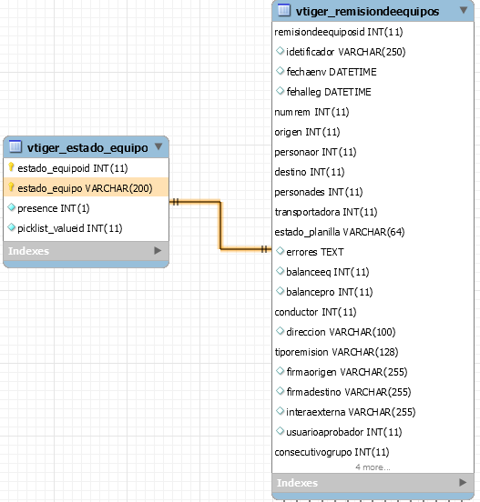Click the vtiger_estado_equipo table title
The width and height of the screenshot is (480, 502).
pos(87,147)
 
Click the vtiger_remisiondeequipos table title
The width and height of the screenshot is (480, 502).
pos(367,12)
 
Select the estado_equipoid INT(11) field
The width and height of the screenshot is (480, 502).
pos(73,168)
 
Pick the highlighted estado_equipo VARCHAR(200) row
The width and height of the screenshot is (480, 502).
pos(86,187)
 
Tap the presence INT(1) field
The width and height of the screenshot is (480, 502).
pos(54,208)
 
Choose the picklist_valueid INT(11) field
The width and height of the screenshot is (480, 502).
pos(70,228)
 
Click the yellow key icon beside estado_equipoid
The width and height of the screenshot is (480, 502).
pos(11,166)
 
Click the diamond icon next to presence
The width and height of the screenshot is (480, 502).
pos(12,207)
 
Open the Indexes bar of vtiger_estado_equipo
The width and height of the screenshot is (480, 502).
pos(86,251)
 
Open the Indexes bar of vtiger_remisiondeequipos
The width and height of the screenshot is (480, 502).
pos(373,483)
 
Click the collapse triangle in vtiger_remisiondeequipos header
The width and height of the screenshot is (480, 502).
pos(464,10)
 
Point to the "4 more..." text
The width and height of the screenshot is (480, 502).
pos(373,467)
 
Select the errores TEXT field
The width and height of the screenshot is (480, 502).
pos(315,252)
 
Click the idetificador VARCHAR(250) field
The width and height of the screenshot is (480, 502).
pos(346,52)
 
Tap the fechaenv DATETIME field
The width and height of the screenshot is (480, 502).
pos(332,72)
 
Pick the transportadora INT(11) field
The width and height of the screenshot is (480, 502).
pos(326,212)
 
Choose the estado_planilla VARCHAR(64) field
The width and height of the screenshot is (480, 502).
pos(340,232)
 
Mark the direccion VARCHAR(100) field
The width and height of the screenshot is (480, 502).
pos(341,332)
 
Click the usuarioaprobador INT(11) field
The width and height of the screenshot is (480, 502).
pos(344,432)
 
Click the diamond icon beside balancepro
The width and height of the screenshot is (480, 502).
pos(280,291)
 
